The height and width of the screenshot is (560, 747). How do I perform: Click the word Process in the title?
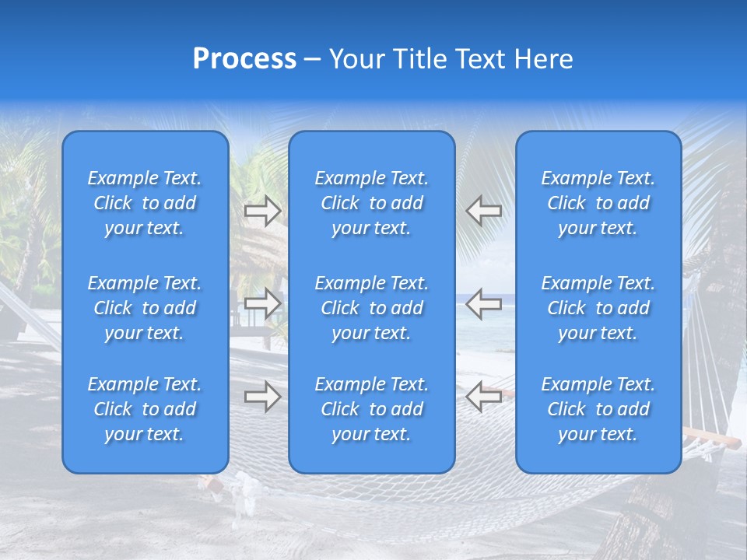point(244,59)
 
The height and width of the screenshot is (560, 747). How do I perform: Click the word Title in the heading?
point(421,59)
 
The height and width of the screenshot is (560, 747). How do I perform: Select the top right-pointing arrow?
point(262,211)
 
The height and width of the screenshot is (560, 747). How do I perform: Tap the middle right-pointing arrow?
point(262,303)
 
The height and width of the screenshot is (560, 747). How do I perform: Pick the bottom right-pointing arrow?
point(262,397)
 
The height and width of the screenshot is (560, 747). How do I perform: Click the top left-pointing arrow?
point(484,211)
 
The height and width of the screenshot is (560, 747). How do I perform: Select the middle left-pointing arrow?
point(484,303)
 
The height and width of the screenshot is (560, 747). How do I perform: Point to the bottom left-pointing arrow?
point(484,397)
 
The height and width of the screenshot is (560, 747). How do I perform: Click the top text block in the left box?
point(145,203)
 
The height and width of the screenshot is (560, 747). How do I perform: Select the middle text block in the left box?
point(145,308)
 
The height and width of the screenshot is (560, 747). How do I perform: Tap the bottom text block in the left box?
point(145,409)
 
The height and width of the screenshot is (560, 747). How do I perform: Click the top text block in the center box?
point(371,203)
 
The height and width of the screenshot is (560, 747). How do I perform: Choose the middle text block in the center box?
point(371,308)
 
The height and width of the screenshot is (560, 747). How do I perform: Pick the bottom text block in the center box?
point(371,409)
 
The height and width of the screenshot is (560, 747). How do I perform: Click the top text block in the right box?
point(598,203)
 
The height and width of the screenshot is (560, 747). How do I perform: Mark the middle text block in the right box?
point(598,308)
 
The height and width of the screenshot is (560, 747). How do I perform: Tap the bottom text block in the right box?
point(598,409)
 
